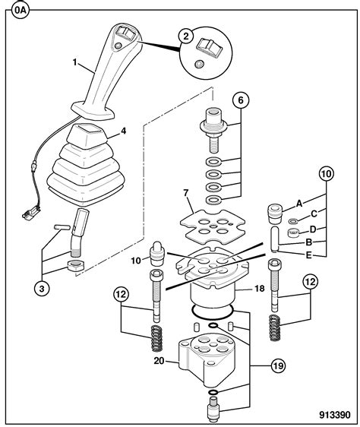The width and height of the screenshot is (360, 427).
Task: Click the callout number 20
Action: [x=160, y=361]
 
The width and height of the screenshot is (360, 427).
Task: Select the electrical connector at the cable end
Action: [x=28, y=214]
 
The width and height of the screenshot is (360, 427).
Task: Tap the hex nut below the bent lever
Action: [x=74, y=266]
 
